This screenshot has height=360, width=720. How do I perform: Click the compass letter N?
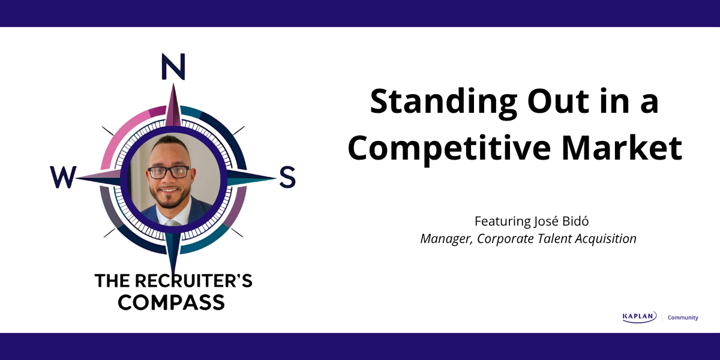[x=173, y=67]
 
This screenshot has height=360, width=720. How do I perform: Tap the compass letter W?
[x=64, y=177]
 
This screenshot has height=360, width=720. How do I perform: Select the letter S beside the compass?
[x=287, y=177]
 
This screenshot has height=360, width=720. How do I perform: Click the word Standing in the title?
[x=443, y=102]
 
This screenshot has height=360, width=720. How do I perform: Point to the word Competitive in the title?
[x=449, y=148]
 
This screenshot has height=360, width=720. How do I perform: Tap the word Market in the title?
[x=622, y=148]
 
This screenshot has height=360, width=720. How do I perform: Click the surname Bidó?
[x=575, y=221]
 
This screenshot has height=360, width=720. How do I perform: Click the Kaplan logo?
[x=640, y=317]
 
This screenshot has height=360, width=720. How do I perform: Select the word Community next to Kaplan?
[x=683, y=317]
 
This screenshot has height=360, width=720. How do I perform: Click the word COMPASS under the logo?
[x=172, y=302]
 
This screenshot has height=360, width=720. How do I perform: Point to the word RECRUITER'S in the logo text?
[x=193, y=281]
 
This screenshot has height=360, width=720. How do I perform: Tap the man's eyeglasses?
[x=169, y=172]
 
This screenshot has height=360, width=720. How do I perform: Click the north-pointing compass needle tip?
[x=173, y=84]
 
